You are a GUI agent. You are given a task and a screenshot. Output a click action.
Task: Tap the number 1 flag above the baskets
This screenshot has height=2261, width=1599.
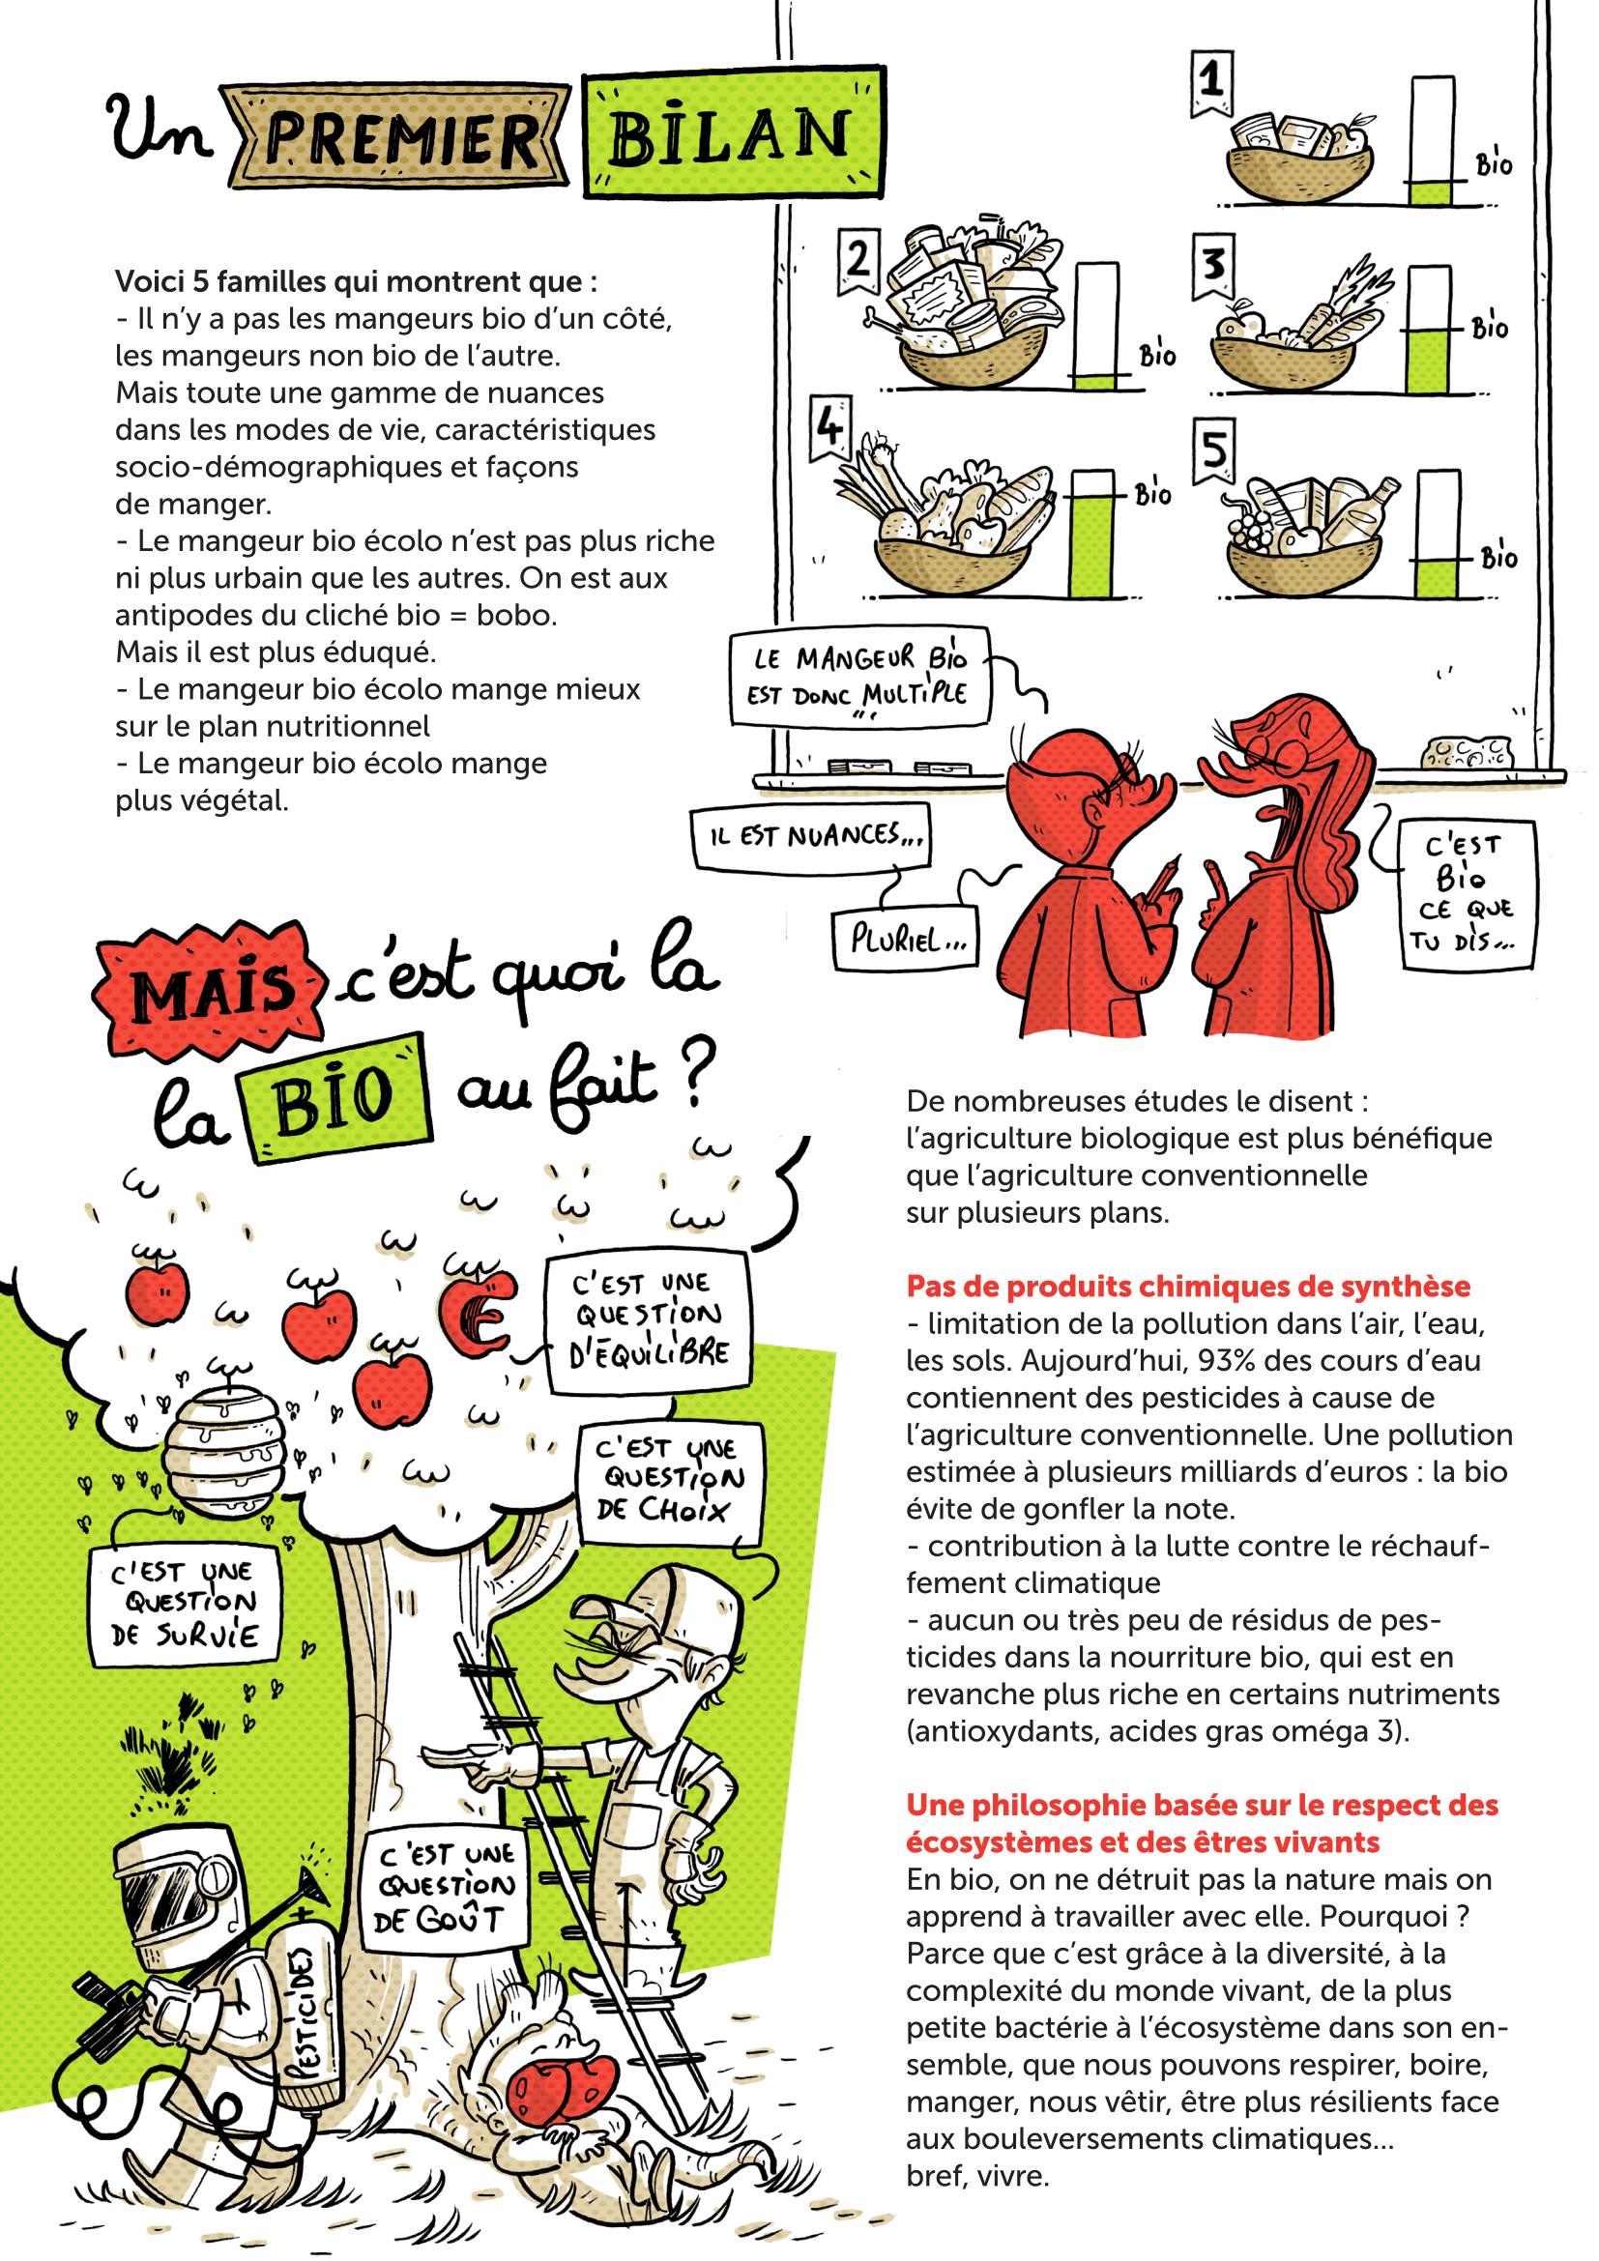(1211, 82)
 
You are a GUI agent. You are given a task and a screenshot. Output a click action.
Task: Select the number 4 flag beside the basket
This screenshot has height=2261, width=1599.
(829, 426)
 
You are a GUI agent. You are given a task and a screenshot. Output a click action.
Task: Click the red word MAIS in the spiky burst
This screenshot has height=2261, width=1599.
(212, 990)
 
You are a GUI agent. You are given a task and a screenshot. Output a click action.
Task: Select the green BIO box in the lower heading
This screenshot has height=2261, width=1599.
(335, 1098)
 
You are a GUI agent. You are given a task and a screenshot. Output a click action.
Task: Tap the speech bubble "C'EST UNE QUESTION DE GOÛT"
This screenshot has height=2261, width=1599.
(445, 1888)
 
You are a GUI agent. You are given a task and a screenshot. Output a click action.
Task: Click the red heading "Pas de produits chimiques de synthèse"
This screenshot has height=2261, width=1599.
(1187, 1285)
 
